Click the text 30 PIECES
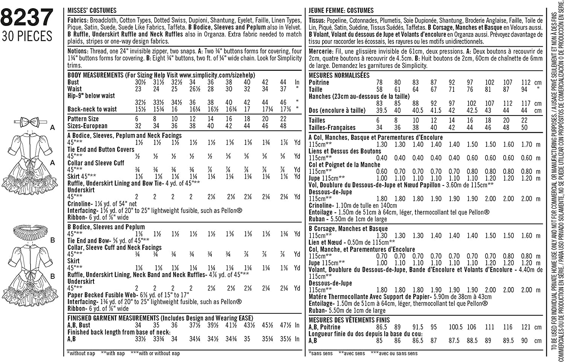point(27,36)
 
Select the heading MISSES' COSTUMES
point(92,11)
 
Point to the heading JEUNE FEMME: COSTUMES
point(341,11)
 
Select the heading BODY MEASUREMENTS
point(95,75)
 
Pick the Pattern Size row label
point(83,119)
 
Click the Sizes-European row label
point(87,126)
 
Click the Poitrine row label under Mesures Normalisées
point(319,82)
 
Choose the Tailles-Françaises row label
point(332,128)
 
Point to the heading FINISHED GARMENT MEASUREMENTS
point(113,318)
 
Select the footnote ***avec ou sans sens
point(394,353)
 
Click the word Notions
point(78,51)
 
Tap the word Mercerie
point(320,52)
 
